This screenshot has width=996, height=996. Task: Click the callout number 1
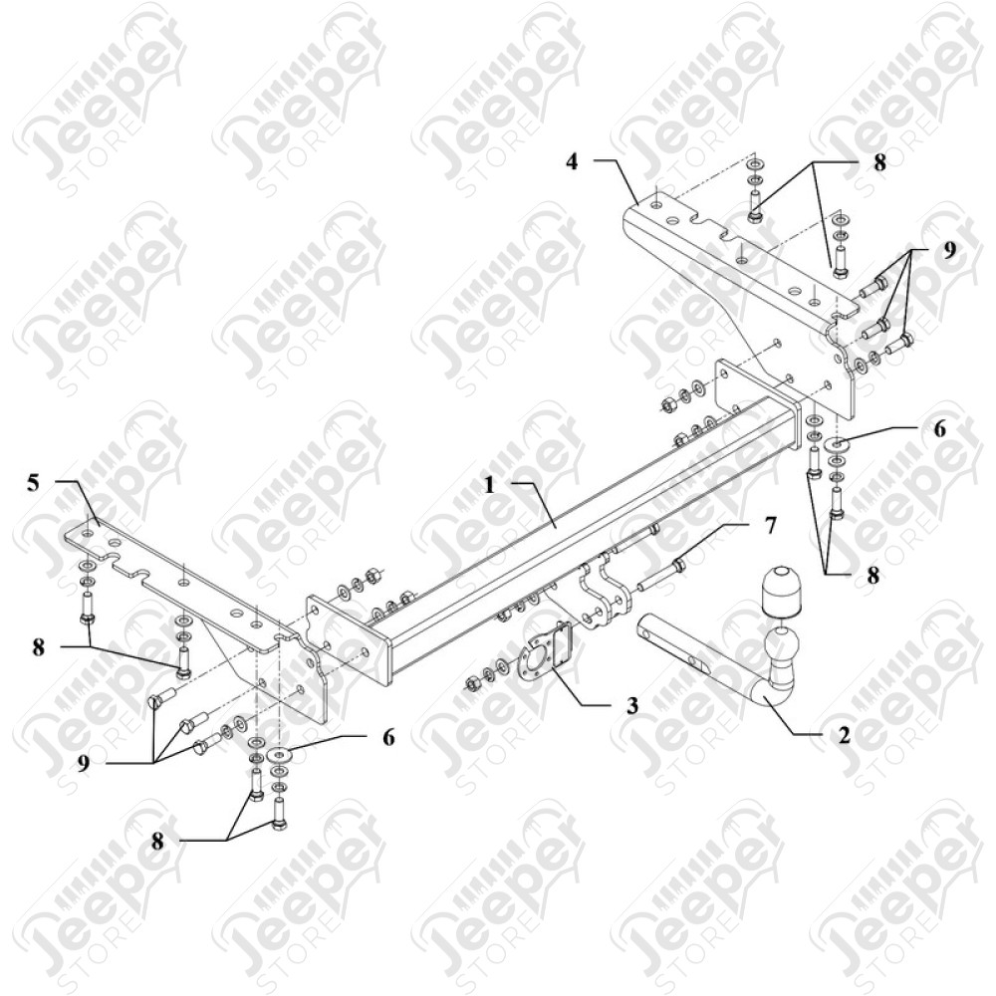(x=489, y=485)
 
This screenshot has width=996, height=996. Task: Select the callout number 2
(x=844, y=735)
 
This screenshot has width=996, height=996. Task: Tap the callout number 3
(x=632, y=705)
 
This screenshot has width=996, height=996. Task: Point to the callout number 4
(x=573, y=161)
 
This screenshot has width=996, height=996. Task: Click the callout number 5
(x=33, y=483)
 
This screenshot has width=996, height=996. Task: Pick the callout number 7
(x=771, y=526)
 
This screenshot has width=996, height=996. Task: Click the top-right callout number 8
(x=879, y=162)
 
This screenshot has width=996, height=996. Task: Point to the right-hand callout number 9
(x=948, y=250)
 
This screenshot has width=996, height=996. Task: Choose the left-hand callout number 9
(x=84, y=763)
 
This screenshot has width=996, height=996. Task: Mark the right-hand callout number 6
(x=939, y=428)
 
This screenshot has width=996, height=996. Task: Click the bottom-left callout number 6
(x=388, y=737)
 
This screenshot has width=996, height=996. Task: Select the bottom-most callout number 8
(x=157, y=841)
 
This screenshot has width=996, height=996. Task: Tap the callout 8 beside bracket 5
(x=39, y=647)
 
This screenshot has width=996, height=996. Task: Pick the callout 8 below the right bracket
(x=873, y=576)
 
